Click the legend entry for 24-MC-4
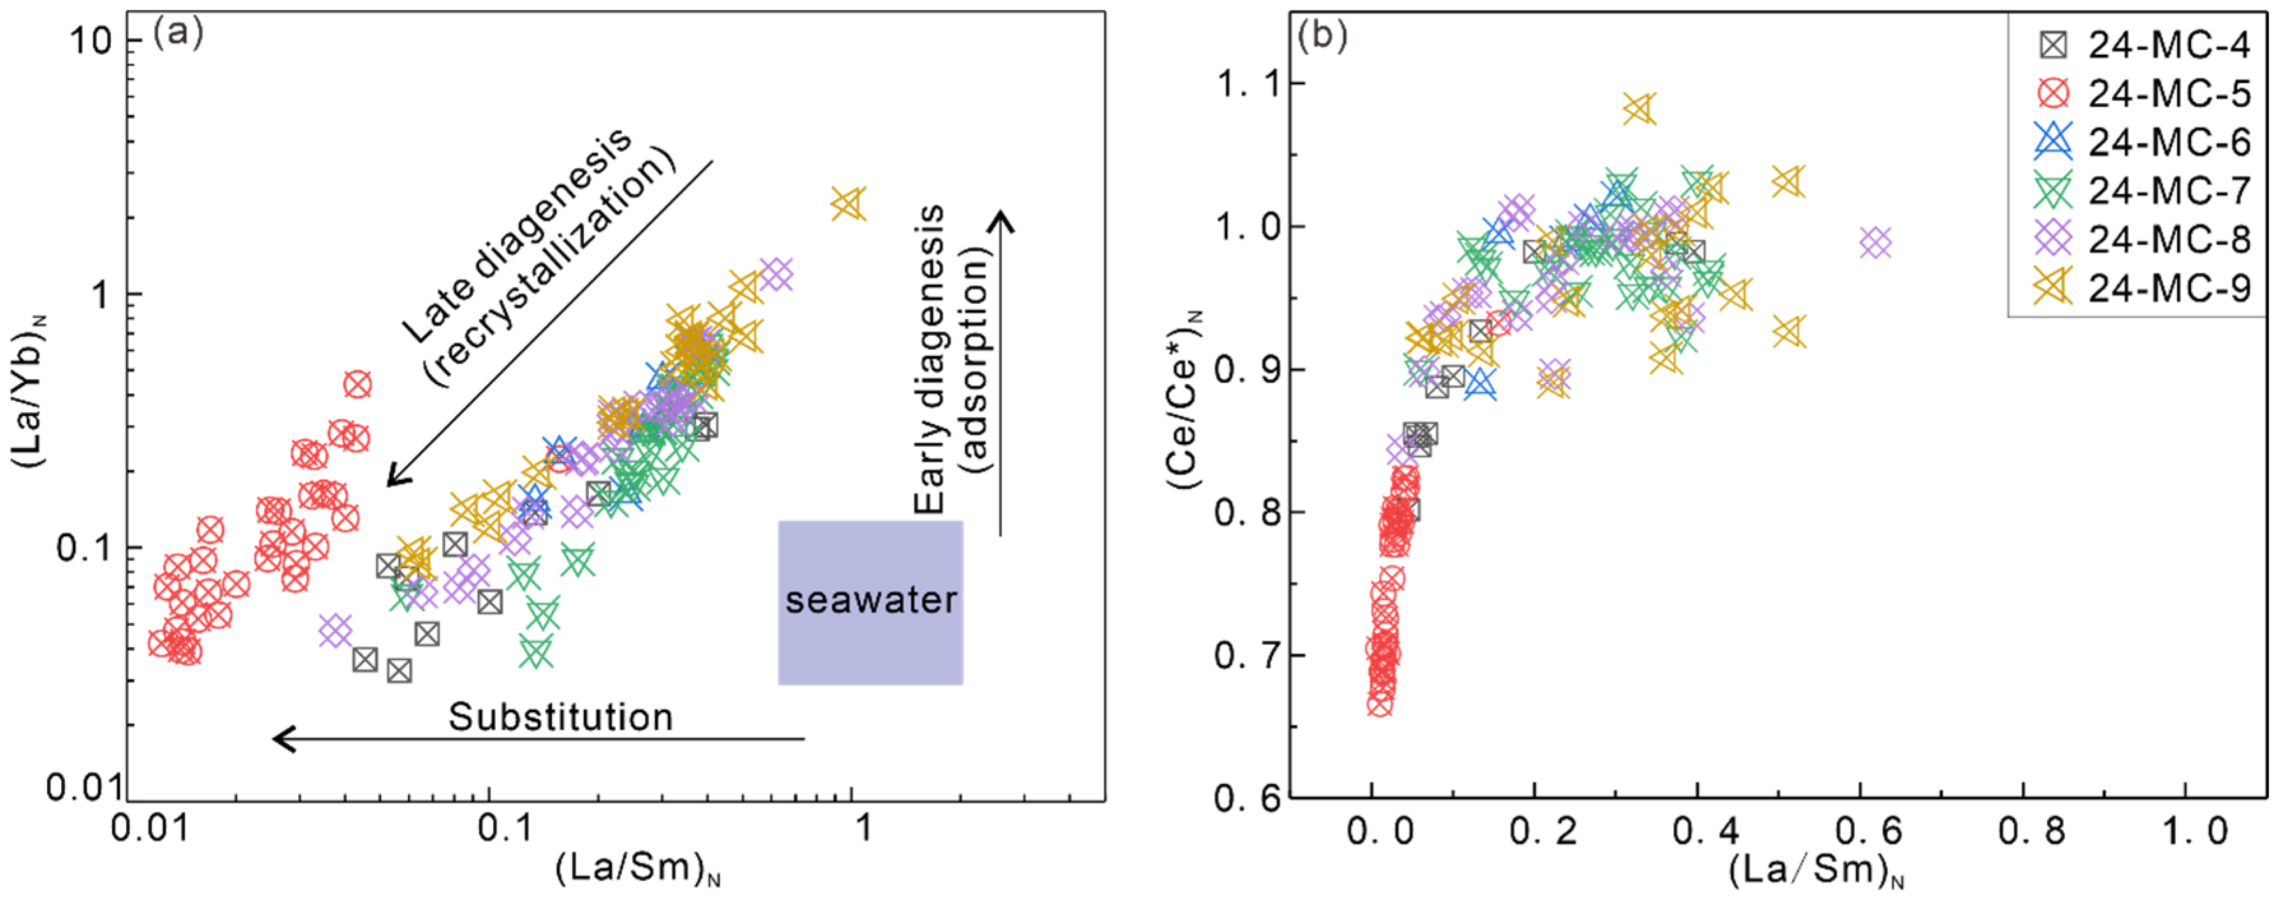click(x=2141, y=45)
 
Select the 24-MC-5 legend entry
click(x=2141, y=92)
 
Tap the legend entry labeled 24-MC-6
click(x=2141, y=141)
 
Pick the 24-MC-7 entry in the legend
click(x=2141, y=190)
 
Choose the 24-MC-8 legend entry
click(x=2141, y=238)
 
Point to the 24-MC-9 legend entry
click(x=2141, y=287)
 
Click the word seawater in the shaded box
click(x=870, y=601)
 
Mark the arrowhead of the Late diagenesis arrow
click(x=396, y=475)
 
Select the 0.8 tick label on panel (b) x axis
click(x=2031, y=831)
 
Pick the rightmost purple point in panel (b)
click(x=1875, y=243)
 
